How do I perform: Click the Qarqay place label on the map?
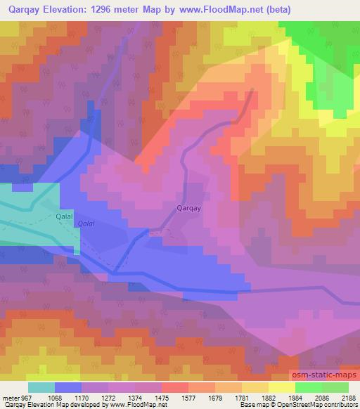[191, 208]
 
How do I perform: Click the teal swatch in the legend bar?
[41, 387]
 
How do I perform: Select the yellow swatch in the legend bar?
[281, 387]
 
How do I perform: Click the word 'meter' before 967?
[9, 398]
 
